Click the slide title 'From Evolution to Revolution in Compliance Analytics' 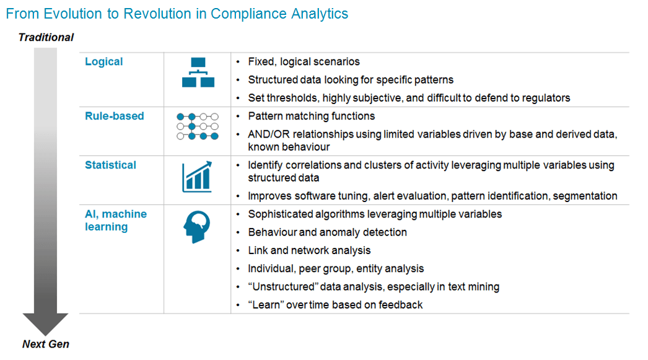click(x=177, y=14)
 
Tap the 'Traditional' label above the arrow click(x=46, y=37)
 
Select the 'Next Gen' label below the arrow click(x=45, y=344)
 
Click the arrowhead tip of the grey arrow click(x=45, y=335)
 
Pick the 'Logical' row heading click(x=103, y=61)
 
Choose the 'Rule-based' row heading click(x=115, y=116)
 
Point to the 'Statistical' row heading click(x=110, y=165)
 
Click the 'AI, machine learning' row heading click(x=116, y=221)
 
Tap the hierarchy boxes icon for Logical click(x=198, y=72)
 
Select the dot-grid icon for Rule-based click(x=198, y=126)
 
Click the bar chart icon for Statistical click(x=197, y=177)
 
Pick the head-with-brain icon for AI click(x=197, y=227)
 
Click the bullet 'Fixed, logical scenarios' click(x=304, y=61)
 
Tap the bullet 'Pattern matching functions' click(x=311, y=116)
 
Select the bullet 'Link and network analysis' click(x=309, y=250)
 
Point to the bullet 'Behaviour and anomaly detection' click(x=327, y=232)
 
